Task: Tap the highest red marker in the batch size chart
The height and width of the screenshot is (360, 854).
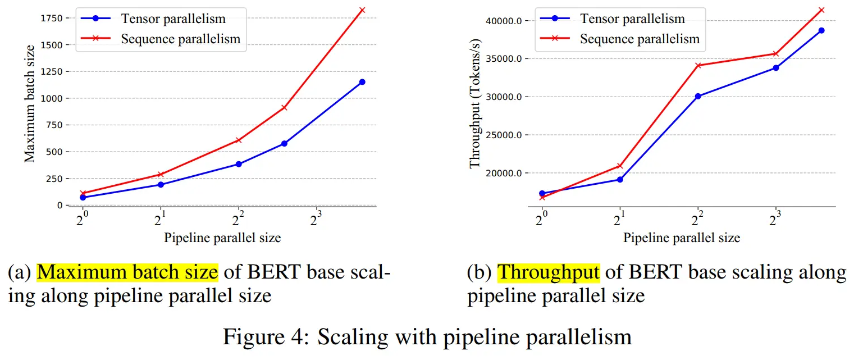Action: (x=362, y=10)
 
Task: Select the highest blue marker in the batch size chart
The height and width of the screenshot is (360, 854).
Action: (x=362, y=82)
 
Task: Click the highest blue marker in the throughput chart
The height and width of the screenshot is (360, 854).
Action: (x=821, y=30)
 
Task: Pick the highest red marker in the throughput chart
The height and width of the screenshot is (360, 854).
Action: (x=821, y=10)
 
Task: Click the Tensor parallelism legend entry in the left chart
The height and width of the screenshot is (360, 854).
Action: (x=173, y=19)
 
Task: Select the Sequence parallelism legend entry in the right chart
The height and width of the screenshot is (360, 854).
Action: (x=640, y=39)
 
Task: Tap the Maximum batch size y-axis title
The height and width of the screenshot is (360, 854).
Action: (x=30, y=111)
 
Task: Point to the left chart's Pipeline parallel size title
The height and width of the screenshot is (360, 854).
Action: (x=222, y=238)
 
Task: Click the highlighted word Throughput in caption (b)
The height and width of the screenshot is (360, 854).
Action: (x=548, y=272)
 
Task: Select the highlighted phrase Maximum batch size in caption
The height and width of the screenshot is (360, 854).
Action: (x=127, y=272)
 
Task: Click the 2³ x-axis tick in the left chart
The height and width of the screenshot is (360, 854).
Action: (x=316, y=218)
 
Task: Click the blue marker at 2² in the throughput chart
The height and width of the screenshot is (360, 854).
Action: (x=698, y=96)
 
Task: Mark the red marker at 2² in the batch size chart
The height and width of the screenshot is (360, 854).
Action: (x=239, y=140)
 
